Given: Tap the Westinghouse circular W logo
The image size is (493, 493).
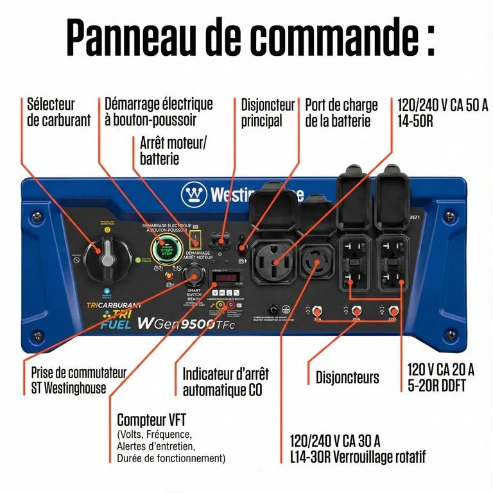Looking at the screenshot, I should coord(194,195).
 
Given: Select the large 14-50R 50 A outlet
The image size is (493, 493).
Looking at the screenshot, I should coord(274,261).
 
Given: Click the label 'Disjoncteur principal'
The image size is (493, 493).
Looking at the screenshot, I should coord(267,112).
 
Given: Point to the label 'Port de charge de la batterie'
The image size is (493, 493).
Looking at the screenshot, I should coord(341,112).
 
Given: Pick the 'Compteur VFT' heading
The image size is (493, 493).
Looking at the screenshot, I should coord(151,420).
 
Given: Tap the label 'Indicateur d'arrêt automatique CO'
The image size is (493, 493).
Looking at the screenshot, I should coord(225,381).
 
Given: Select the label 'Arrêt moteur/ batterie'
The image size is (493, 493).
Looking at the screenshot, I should coord(173,150).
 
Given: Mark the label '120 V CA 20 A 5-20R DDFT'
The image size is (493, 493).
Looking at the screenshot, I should coord(440,377).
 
